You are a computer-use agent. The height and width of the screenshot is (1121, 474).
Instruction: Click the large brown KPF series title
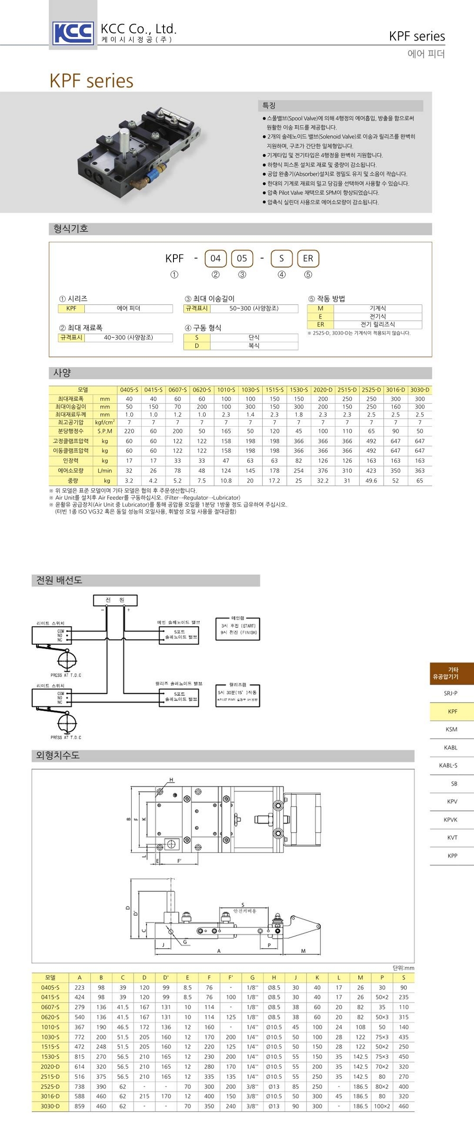point(91,81)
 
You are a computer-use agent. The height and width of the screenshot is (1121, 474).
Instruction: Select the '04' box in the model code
point(216,258)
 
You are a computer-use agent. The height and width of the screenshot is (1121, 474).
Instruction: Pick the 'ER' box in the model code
point(308,258)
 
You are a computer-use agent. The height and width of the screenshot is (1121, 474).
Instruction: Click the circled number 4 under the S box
point(282,275)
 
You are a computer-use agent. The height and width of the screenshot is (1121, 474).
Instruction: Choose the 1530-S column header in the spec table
point(299,390)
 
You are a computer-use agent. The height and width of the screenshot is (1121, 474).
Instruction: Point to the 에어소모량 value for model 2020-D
point(323,471)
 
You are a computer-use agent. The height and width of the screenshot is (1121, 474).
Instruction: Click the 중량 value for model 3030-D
point(419,481)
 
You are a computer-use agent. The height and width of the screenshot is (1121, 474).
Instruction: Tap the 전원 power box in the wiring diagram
point(115,600)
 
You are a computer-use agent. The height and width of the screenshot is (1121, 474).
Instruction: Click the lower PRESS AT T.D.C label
point(66,737)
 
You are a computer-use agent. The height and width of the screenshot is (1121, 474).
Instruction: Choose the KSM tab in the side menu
point(452,729)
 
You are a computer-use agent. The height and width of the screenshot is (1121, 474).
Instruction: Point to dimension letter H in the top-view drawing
point(172,780)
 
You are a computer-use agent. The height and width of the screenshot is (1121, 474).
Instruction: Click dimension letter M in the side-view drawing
point(303,951)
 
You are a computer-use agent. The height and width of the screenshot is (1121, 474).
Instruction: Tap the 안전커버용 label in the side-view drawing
point(245,911)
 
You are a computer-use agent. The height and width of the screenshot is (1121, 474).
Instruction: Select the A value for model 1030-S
point(80,1037)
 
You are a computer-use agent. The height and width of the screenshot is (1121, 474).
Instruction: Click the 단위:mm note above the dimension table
point(403,968)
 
